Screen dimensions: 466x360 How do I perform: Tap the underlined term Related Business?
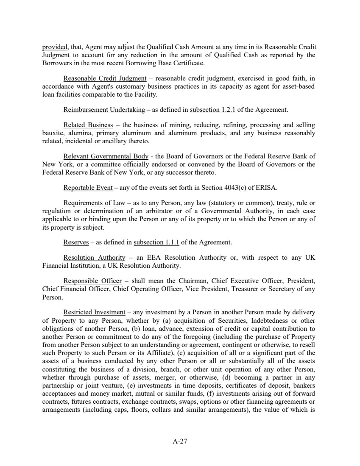coord(88,125)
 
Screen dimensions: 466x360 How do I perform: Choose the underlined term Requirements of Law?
coord(94,203)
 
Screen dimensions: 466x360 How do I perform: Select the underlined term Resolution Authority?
coord(94,258)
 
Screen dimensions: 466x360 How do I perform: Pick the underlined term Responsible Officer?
coord(92,281)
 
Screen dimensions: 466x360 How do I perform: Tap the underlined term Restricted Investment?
coord(94,312)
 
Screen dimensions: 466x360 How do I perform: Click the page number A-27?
coord(180,441)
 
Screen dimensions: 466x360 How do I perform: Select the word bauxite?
coord(53,133)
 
